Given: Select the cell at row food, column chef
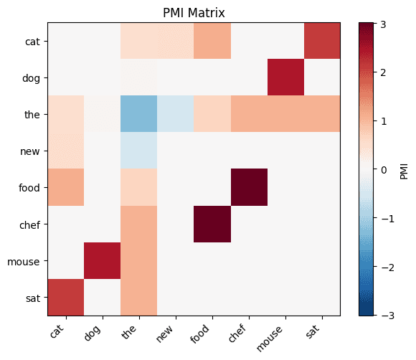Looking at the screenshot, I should coord(249,187).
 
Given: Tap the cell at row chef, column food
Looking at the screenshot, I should coord(212,224).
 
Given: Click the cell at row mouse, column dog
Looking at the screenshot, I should coord(103,260).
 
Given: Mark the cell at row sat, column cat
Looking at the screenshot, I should coord(66,297).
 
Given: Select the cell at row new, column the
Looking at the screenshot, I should coord(139,151).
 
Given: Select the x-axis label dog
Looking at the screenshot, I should coord(98,331).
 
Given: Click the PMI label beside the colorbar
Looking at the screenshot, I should coord(403,169).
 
